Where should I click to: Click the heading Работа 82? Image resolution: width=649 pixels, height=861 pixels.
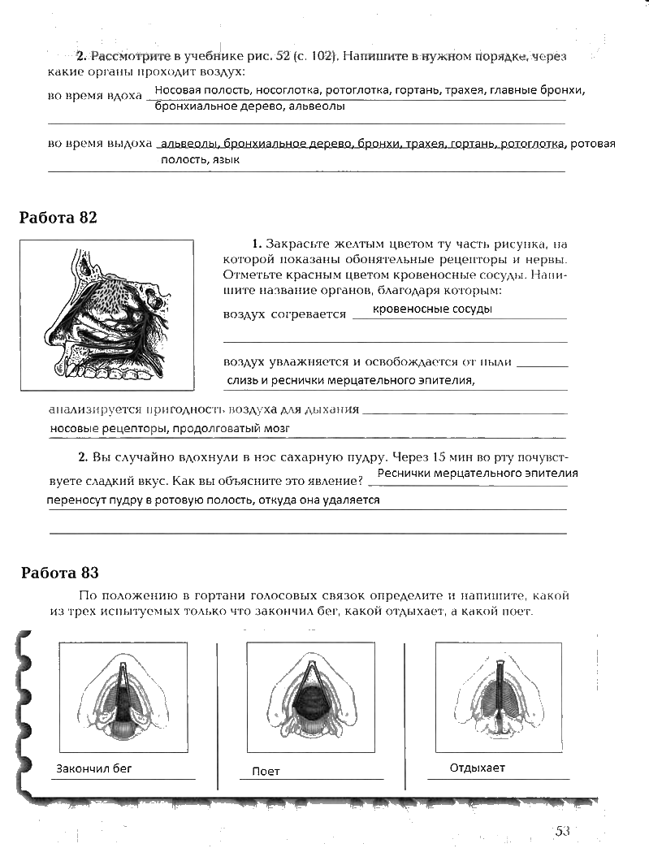(58, 218)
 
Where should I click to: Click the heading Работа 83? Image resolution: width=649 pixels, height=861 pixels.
(59, 573)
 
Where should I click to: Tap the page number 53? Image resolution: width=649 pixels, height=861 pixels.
(563, 830)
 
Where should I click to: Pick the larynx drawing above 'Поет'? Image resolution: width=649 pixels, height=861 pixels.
(310, 697)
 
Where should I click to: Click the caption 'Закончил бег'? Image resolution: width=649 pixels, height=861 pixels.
(93, 768)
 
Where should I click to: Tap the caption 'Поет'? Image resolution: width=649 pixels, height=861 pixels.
(266, 772)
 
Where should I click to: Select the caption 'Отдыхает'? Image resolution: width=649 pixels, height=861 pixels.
(477, 768)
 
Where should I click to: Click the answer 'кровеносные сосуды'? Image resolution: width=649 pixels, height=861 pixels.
(432, 309)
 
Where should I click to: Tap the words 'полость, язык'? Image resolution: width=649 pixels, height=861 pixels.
(200, 161)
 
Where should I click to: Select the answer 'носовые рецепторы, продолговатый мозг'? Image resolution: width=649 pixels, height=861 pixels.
(169, 427)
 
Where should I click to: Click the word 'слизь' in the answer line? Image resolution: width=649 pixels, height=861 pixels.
(241, 379)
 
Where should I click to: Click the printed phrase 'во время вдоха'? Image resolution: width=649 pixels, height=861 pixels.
(95, 96)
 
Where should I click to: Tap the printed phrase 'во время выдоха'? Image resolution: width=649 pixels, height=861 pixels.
(100, 144)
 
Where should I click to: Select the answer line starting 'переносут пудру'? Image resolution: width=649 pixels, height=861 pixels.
(213, 500)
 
